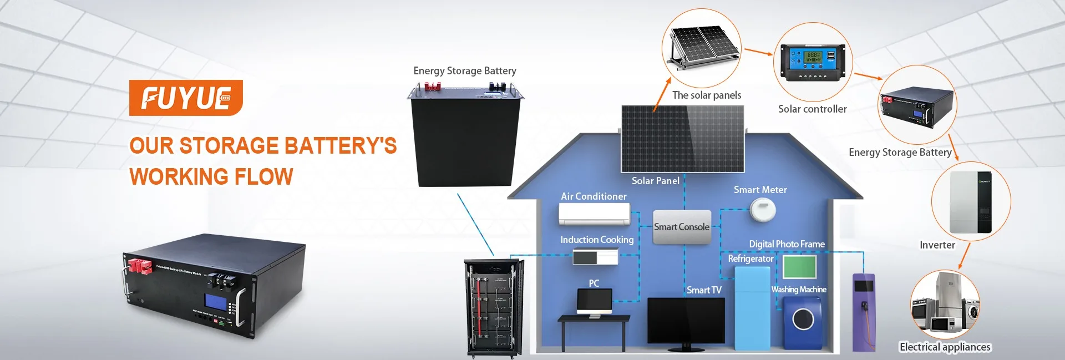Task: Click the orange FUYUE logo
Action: [x=186, y=98]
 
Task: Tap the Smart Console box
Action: [x=682, y=226]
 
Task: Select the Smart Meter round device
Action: [x=762, y=210]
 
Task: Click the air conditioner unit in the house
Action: [x=594, y=214]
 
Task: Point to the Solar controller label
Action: [x=812, y=109]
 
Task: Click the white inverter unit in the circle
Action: [x=970, y=202]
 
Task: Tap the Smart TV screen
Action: [x=686, y=321]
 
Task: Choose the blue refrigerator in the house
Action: [x=752, y=307]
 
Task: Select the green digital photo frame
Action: [x=799, y=267]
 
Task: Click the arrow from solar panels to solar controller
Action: [x=758, y=52]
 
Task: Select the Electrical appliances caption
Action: [x=945, y=347]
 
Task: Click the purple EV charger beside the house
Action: [x=863, y=312]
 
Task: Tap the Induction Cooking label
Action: [x=596, y=240]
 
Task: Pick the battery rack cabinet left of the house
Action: [x=494, y=308]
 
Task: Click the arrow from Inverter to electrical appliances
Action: [x=964, y=256]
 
